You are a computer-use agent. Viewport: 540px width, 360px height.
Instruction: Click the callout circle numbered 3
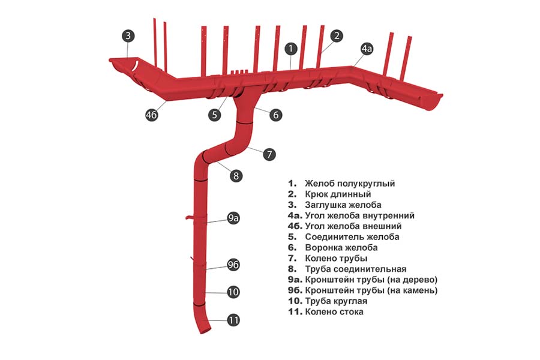128,35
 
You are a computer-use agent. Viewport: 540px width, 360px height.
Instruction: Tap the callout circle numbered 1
291,49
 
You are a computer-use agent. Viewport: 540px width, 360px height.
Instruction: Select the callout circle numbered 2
337,36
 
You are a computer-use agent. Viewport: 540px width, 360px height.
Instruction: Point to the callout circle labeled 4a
367,49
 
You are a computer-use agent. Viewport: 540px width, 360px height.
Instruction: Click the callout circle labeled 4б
152,115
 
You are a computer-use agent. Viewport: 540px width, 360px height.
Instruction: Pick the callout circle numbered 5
215,115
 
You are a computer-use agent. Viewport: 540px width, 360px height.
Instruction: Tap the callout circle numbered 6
275,115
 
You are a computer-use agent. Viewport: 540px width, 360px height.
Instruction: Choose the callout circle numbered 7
269,154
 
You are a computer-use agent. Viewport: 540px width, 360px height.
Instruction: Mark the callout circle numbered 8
236,176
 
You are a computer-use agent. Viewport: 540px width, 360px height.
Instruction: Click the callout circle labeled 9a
233,218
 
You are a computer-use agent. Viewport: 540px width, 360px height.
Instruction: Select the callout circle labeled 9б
233,265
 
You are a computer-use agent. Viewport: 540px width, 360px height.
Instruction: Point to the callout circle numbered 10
233,292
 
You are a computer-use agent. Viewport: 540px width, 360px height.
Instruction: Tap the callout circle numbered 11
233,320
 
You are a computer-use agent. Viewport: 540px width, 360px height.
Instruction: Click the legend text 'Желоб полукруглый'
350,184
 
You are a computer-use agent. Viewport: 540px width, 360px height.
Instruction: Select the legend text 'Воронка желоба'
341,248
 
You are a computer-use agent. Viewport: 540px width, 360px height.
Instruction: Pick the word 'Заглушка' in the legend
325,205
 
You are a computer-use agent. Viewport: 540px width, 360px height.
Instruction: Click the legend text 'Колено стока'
334,312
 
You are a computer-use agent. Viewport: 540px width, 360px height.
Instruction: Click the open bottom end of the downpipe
205,331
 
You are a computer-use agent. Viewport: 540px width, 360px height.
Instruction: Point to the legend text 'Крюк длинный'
338,194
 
